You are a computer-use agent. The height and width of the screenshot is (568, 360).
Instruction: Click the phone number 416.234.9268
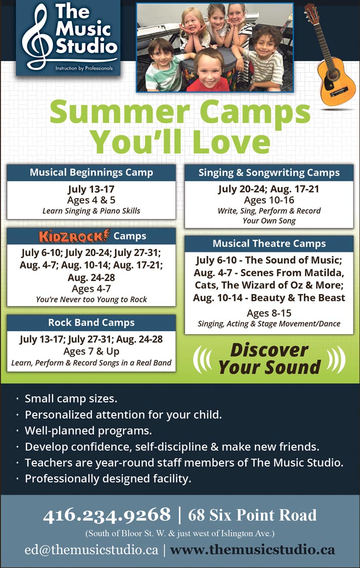(107, 515)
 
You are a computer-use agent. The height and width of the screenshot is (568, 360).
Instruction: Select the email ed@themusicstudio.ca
(91, 549)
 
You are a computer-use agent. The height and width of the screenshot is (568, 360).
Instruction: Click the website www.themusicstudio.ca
(252, 549)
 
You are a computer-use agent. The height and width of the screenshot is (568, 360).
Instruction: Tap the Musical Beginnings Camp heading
(91, 173)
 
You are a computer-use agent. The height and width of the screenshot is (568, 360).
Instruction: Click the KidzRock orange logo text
(74, 236)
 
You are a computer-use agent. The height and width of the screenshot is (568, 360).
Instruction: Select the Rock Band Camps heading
(91, 323)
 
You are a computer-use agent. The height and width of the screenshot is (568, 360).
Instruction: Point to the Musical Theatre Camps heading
(269, 243)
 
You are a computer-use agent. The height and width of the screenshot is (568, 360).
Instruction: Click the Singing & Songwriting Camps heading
(269, 173)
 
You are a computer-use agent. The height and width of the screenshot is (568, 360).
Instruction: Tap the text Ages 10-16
(269, 200)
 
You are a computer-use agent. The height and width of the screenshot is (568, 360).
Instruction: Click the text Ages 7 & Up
(91, 351)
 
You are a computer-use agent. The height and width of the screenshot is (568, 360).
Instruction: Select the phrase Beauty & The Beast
(298, 298)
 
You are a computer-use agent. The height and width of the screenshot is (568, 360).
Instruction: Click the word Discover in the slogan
(269, 350)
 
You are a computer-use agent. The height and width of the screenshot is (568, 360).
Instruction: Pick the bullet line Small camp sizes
(71, 399)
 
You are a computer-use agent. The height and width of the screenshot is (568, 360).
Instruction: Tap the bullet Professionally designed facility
(108, 479)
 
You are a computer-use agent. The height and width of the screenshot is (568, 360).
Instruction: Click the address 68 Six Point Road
(252, 515)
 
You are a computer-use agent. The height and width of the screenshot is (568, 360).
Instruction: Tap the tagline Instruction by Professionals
(84, 68)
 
